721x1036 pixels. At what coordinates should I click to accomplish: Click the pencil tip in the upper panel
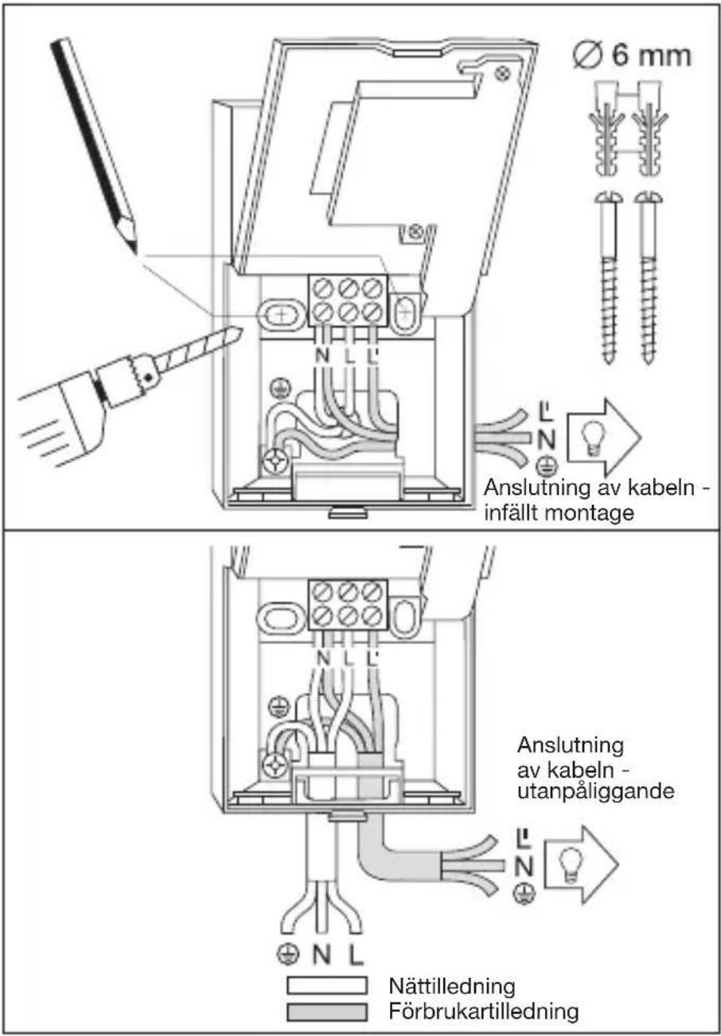coord(136,252)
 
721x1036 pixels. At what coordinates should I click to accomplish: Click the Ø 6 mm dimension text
coord(632,56)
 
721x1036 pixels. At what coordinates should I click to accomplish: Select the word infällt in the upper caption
coord(510,513)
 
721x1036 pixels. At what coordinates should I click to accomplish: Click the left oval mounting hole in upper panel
coord(280,316)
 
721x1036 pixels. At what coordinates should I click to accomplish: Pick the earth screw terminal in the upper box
coord(275,462)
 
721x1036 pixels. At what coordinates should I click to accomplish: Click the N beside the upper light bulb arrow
coord(546,440)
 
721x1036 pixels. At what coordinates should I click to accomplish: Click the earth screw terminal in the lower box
coord(275,765)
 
